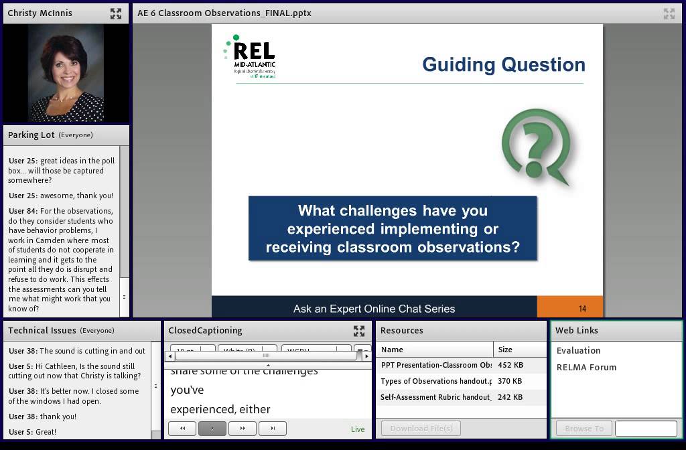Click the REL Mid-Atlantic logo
click(x=250, y=57)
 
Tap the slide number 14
click(x=582, y=309)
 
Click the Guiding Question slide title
click(x=503, y=65)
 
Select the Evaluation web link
click(x=578, y=350)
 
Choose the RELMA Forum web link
click(x=586, y=367)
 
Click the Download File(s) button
click(x=421, y=429)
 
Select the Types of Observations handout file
click(x=435, y=381)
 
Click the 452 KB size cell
click(x=510, y=365)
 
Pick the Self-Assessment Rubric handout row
click(x=435, y=397)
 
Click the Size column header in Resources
click(x=505, y=349)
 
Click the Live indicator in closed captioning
click(x=358, y=429)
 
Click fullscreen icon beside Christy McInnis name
click(x=116, y=13)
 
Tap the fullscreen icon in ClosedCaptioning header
click(x=359, y=331)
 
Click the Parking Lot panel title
click(x=31, y=135)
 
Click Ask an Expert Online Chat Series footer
click(x=374, y=309)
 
